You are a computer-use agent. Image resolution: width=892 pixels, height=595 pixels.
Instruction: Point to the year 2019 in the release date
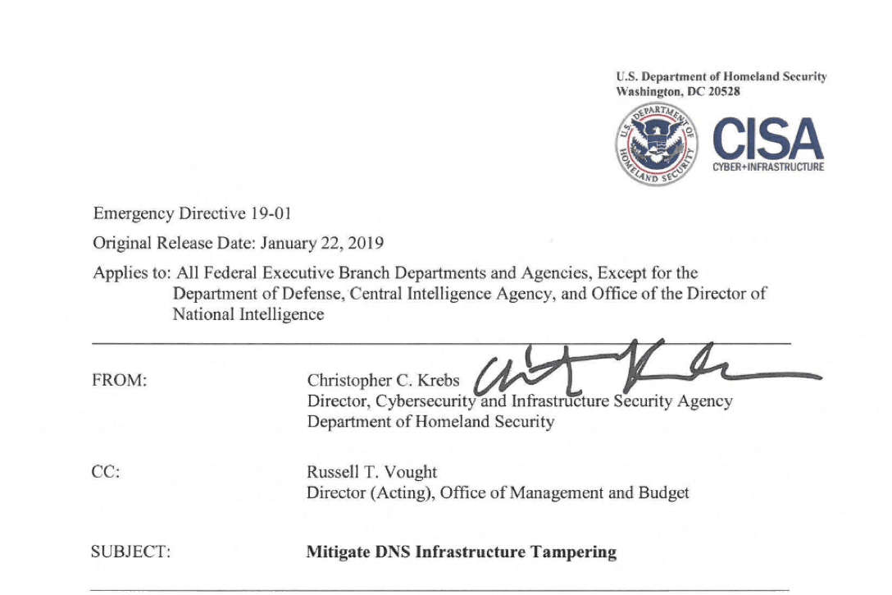pos(365,243)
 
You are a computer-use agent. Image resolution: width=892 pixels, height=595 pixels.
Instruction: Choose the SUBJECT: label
pos(130,552)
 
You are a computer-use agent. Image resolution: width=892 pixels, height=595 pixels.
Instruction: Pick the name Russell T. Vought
pos(371,472)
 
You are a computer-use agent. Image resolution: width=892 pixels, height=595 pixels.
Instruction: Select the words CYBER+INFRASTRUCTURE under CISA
pos(768,167)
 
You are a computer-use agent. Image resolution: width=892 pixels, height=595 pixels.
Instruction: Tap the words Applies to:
pos(130,272)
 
